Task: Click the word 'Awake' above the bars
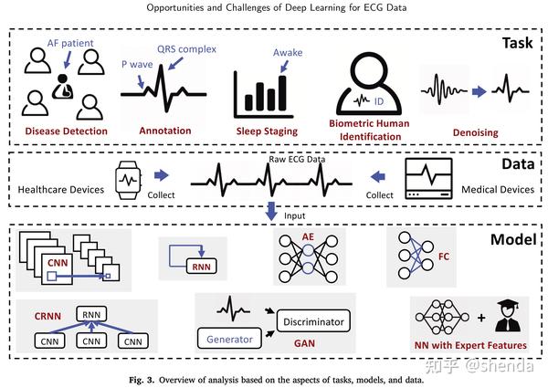point(288,53)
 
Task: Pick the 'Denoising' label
point(475,132)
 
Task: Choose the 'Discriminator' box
point(312,321)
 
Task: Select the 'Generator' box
point(227,340)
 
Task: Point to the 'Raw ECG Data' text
point(272,158)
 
